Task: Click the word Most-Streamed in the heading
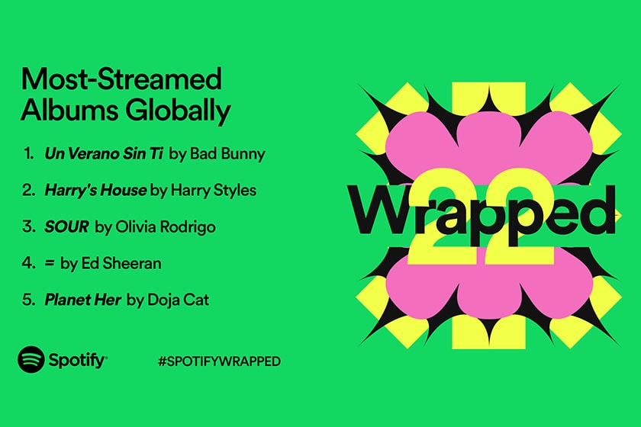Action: tap(121, 79)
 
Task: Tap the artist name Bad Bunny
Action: tap(227, 153)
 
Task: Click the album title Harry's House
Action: tap(95, 190)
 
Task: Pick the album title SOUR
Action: tap(67, 226)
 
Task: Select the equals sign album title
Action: tap(50, 263)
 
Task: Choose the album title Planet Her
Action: tap(83, 300)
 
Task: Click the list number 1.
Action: tap(28, 153)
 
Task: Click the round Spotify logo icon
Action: tap(31, 360)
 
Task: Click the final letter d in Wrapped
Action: tap(598, 208)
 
